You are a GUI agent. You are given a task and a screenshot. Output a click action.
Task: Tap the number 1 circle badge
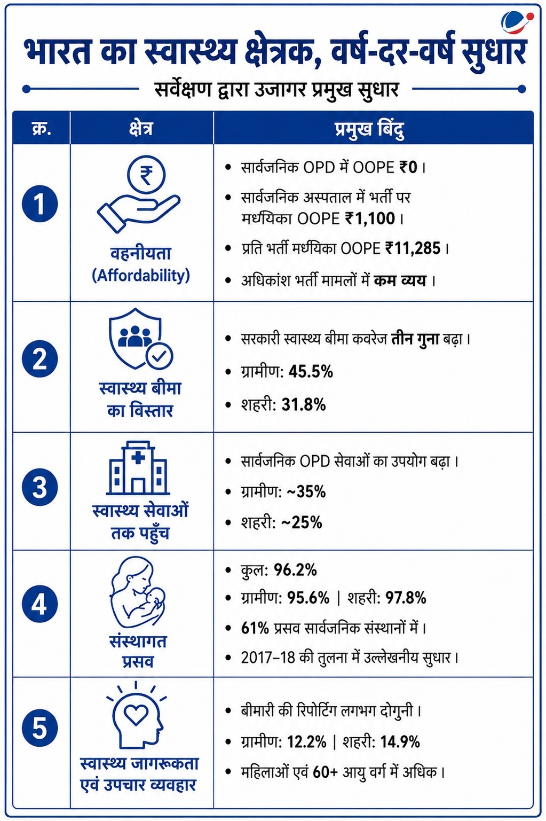click(40, 204)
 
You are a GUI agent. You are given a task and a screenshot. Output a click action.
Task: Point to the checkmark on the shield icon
click(159, 355)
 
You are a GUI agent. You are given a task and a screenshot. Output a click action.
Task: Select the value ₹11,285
click(413, 248)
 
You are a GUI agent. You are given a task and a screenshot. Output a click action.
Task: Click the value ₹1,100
click(370, 218)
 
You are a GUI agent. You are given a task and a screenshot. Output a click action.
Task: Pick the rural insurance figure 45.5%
click(311, 372)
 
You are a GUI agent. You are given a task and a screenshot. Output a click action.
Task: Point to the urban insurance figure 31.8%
click(304, 405)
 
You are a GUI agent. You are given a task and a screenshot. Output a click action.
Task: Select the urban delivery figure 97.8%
click(405, 598)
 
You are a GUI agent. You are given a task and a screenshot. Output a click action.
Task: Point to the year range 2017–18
click(268, 658)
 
